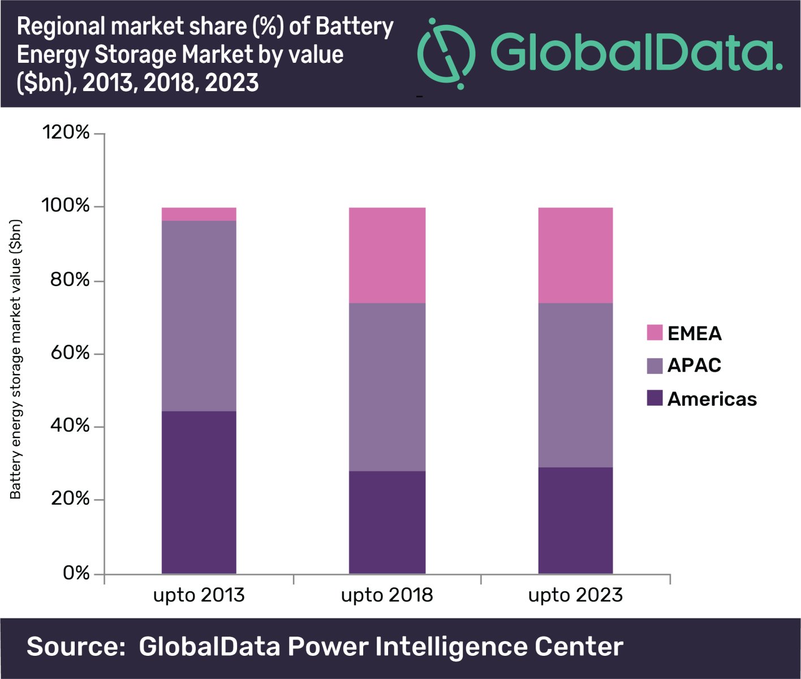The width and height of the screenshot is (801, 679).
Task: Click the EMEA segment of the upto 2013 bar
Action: [x=199, y=214]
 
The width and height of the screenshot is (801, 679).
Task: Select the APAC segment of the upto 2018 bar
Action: [x=387, y=387]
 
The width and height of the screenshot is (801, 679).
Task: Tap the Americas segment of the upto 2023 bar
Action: [x=575, y=521]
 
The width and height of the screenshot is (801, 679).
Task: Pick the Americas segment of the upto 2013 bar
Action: [x=199, y=492]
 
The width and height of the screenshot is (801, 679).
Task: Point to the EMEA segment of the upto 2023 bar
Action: [x=575, y=255]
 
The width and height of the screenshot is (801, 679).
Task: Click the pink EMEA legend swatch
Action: [x=654, y=333]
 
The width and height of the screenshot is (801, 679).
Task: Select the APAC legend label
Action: [x=694, y=366]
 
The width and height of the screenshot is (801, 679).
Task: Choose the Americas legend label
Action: [x=712, y=399]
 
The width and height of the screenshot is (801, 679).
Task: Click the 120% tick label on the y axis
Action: [x=66, y=132]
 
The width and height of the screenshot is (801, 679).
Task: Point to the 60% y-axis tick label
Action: [x=70, y=353]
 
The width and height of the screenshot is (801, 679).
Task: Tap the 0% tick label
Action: [x=76, y=573]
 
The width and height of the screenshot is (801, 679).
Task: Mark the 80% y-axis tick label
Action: [x=70, y=280]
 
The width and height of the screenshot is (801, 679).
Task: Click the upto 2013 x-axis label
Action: [x=199, y=595]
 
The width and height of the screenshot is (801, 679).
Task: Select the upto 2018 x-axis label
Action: [x=387, y=595]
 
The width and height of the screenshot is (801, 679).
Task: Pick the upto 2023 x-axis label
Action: [x=575, y=595]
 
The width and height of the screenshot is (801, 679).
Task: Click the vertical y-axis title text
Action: [x=16, y=359]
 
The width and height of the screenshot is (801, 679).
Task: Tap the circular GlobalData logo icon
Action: [x=446, y=54]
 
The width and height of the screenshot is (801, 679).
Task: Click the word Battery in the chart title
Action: [x=354, y=27]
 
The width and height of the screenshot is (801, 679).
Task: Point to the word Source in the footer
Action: [x=76, y=647]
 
